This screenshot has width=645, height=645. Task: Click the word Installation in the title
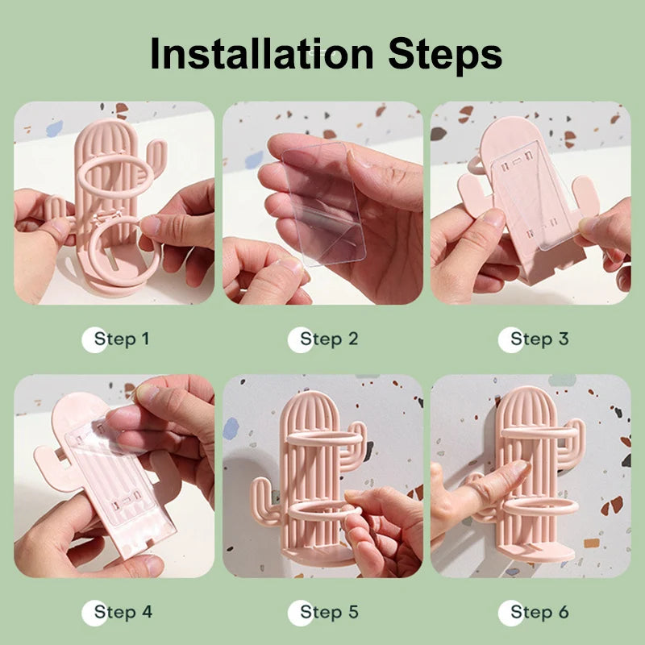pyautogui.click(x=261, y=53)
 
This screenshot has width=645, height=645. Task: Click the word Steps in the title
pyautogui.click(x=445, y=56)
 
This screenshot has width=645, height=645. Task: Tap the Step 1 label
pyautogui.click(x=122, y=339)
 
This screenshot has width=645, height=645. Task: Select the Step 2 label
pyautogui.click(x=329, y=339)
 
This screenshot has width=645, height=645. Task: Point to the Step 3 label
pyautogui.click(x=539, y=339)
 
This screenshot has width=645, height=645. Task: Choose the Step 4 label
pyautogui.click(x=123, y=612)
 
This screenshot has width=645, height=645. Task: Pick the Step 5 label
pyautogui.click(x=329, y=612)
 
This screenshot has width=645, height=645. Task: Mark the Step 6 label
pyautogui.click(x=539, y=612)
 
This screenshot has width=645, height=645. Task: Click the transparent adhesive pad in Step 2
pyautogui.click(x=324, y=204)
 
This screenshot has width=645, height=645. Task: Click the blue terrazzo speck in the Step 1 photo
pyautogui.click(x=54, y=128)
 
